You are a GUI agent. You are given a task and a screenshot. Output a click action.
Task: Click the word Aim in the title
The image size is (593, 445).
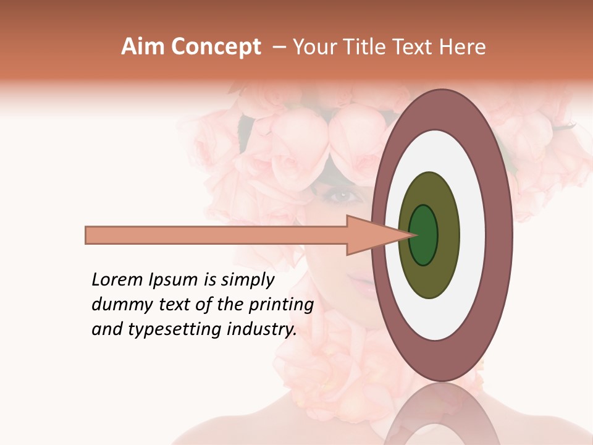[x=143, y=47]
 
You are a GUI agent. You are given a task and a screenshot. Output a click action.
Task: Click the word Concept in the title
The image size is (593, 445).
[x=216, y=47]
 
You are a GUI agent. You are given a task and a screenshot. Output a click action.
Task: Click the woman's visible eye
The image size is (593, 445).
[x=344, y=197]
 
